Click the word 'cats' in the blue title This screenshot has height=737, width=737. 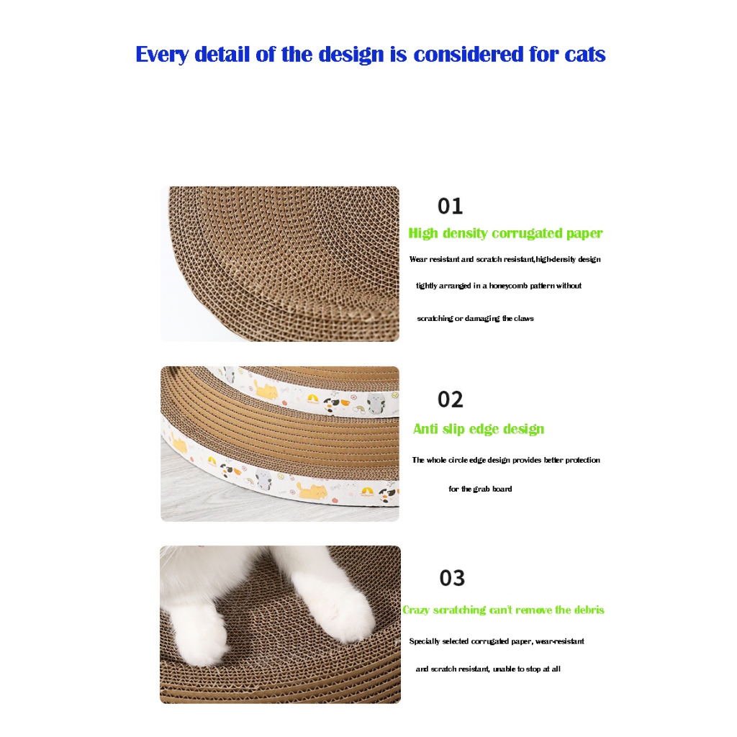pos(584,55)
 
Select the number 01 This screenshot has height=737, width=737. pos(451,206)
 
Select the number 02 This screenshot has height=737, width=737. pos(451,399)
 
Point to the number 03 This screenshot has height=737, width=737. pos(452,578)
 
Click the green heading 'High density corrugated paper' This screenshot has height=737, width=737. pos(505,234)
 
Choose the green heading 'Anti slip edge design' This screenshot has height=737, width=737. pos(479,429)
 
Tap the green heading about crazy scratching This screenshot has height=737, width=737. pos(503,610)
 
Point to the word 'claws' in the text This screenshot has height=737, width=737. pos(524,319)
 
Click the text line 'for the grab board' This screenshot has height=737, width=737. pos(480,489)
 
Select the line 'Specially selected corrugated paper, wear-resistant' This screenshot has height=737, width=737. pos(497,641)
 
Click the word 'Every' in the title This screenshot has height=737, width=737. pos(162,55)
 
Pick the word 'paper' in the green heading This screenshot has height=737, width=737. pos(584,235)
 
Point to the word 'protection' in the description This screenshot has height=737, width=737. pos(582,460)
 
